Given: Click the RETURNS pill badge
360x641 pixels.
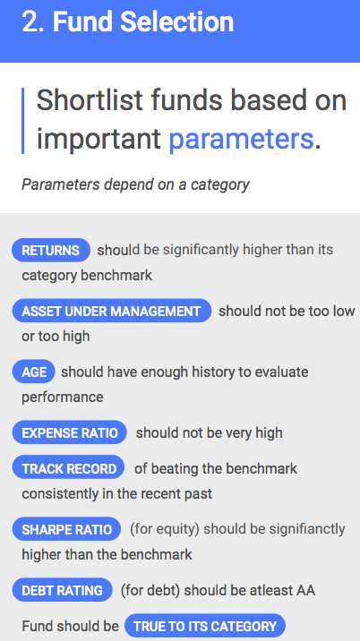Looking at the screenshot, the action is (51, 250).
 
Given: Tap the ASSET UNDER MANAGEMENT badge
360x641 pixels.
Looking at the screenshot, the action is (111, 311).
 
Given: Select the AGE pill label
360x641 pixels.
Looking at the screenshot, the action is (33, 372).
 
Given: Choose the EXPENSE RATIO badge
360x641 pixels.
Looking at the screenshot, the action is (70, 432).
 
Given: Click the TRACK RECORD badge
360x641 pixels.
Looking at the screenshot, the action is (69, 468).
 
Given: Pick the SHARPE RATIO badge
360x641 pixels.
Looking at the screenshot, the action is (66, 529).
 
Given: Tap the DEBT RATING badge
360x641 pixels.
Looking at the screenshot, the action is (62, 590).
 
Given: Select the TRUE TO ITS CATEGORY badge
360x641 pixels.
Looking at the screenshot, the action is (205, 626).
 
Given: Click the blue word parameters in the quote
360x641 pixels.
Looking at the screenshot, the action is (241, 139).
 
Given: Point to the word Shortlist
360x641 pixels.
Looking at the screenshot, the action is (90, 99).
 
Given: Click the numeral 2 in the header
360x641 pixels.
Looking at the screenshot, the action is (30, 21).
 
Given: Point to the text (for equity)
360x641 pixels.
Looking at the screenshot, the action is (165, 529).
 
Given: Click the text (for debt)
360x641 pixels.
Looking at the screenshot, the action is (150, 590).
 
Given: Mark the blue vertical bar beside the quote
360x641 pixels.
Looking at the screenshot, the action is (23, 121).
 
